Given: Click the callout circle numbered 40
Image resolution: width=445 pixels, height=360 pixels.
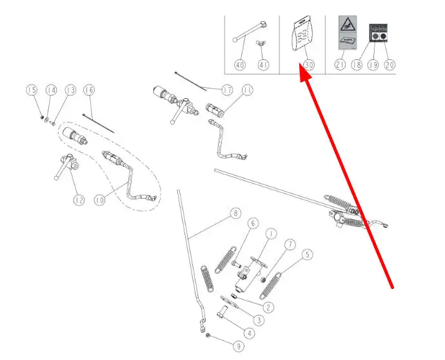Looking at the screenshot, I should point(240,65).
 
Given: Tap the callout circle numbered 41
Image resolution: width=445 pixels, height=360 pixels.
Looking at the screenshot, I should point(262,65).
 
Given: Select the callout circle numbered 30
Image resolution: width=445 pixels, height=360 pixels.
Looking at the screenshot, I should point(308,65).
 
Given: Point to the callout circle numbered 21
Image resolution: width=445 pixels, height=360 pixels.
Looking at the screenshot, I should point(341,65).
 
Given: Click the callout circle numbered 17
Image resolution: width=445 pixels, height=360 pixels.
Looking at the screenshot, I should point(226,90).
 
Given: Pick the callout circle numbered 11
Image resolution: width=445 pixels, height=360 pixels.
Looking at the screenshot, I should point(247,90).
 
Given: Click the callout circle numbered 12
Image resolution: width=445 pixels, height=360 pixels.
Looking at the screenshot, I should point(79,201).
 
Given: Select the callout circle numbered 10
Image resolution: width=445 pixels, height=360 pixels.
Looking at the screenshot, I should point(100,201).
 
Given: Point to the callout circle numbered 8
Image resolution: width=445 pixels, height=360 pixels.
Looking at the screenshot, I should point(235,214).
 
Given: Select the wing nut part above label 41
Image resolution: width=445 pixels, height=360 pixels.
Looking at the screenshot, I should point(262,44).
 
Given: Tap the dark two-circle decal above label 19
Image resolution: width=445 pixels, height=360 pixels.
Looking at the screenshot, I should point(379,32).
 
